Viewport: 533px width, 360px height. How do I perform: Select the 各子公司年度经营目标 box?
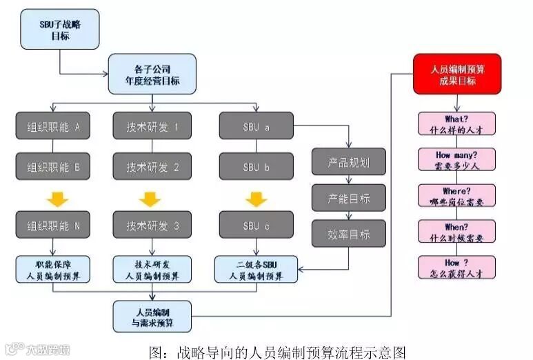coord(152,74)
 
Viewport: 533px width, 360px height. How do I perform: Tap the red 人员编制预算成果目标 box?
coord(456,74)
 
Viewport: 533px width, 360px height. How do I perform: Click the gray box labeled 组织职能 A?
coord(54,127)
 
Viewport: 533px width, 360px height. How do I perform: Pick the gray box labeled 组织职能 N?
coord(54,226)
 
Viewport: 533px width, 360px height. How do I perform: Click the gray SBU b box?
coord(257,166)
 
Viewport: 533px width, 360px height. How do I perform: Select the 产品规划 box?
coord(349,163)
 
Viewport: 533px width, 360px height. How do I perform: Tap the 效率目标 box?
coord(349,233)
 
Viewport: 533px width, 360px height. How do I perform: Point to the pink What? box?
coord(456,123)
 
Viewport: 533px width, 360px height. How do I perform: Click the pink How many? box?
coord(456,159)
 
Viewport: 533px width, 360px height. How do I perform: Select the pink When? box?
coord(456,230)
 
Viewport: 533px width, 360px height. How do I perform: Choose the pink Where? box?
coord(456,194)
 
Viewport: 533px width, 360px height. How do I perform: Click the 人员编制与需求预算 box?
coord(152,316)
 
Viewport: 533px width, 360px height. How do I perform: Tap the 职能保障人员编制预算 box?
coord(54,269)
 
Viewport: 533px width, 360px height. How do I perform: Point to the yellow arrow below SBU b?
coord(257,199)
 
